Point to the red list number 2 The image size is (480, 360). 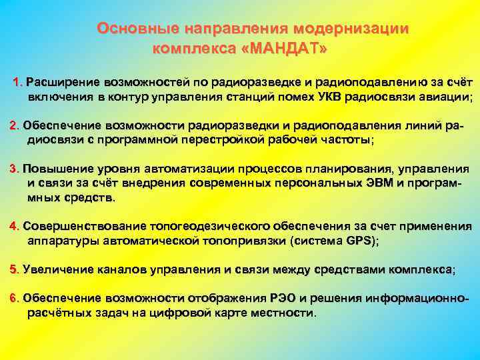pyautogui.click(x=13, y=125)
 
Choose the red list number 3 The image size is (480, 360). pyautogui.click(x=13, y=169)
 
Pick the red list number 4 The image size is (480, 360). pyautogui.click(x=13, y=227)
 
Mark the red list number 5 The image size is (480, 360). pyautogui.click(x=13, y=269)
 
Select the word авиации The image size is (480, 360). pyautogui.click(x=445, y=97)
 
